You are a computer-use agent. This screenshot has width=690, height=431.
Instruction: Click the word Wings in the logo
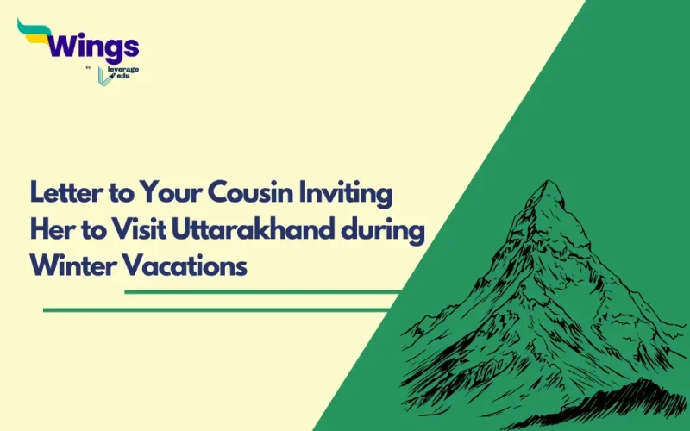point(95,45)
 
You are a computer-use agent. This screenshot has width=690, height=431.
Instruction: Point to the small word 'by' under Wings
point(91,67)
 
